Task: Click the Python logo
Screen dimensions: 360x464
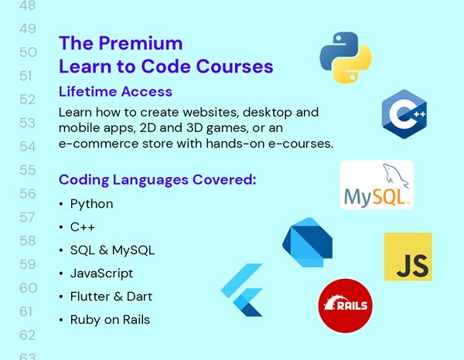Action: pos(346,57)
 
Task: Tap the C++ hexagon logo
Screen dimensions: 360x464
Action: pos(405,114)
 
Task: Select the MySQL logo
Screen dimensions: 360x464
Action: pos(377,185)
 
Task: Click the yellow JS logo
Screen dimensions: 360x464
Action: pos(408,256)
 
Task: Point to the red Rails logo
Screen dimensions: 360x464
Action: pos(344,305)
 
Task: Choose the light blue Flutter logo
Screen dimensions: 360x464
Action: pos(243,290)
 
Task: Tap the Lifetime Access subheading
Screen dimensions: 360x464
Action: pos(115,92)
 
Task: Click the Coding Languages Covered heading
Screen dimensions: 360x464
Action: pos(157,181)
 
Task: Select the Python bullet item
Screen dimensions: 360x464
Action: pos(91,204)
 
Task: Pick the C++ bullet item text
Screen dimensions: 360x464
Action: pos(83,227)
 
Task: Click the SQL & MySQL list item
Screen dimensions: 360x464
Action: pos(112,250)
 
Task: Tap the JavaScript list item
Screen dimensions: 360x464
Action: pos(101,273)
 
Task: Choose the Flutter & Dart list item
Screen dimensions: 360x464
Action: pos(111,297)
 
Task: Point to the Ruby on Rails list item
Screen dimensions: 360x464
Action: pos(110,320)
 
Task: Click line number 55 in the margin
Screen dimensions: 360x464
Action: pos(27,170)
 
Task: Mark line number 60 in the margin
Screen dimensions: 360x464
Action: pos(27,288)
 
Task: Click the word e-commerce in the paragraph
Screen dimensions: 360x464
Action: pos(95,144)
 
